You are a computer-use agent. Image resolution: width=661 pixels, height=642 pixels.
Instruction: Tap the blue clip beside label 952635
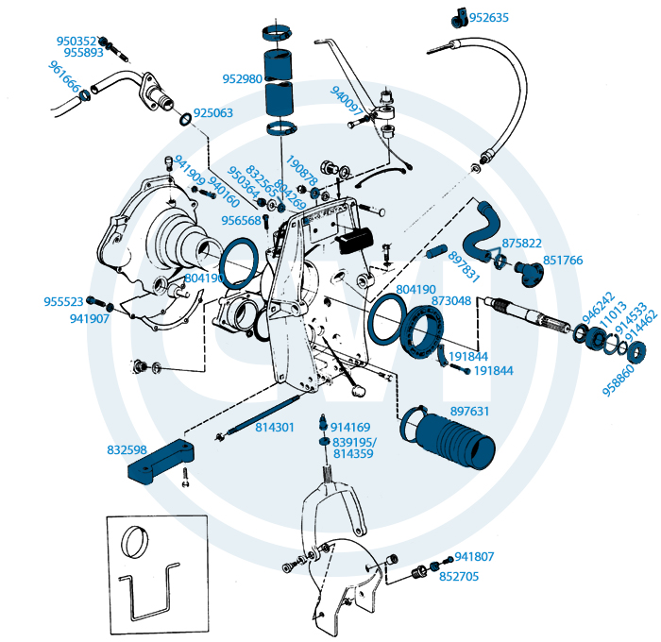[458, 12]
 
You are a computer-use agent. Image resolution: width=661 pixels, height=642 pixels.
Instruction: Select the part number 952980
[242, 79]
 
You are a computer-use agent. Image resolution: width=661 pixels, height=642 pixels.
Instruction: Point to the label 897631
[469, 411]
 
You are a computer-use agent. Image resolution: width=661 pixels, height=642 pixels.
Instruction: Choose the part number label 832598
[127, 450]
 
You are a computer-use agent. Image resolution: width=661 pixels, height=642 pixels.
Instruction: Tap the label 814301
[275, 428]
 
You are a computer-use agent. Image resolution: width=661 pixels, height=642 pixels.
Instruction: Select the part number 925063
[212, 113]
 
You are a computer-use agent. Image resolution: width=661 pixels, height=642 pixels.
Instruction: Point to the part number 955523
[63, 302]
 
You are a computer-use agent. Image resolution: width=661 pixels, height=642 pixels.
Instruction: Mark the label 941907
[90, 319]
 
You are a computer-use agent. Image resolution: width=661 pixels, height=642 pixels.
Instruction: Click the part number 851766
[563, 260]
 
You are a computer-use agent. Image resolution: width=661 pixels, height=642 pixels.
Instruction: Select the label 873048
[451, 300]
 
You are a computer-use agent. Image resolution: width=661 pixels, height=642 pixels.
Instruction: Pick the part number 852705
[459, 576]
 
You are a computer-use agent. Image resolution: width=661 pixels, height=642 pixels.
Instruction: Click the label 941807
[474, 557]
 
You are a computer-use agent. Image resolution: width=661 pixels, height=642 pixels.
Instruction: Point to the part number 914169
[350, 427]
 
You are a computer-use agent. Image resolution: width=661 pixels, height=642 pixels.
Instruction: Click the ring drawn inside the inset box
[137, 544]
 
